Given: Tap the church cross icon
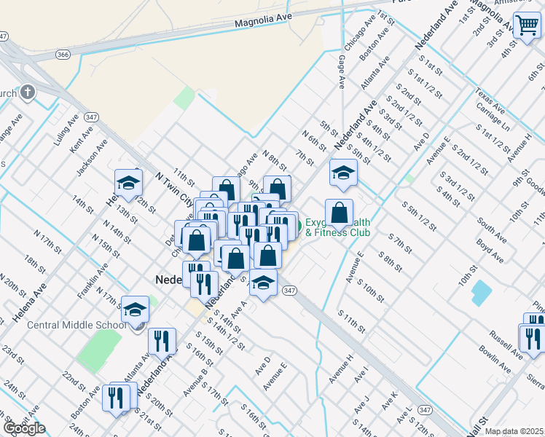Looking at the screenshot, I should (27, 92).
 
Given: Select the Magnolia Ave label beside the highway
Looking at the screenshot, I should (258, 23).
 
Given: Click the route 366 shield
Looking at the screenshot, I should (63, 54).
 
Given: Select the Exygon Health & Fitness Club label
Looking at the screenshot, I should (337, 227).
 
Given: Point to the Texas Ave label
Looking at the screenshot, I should (489, 103).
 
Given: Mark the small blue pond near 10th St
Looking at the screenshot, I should (482, 293).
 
